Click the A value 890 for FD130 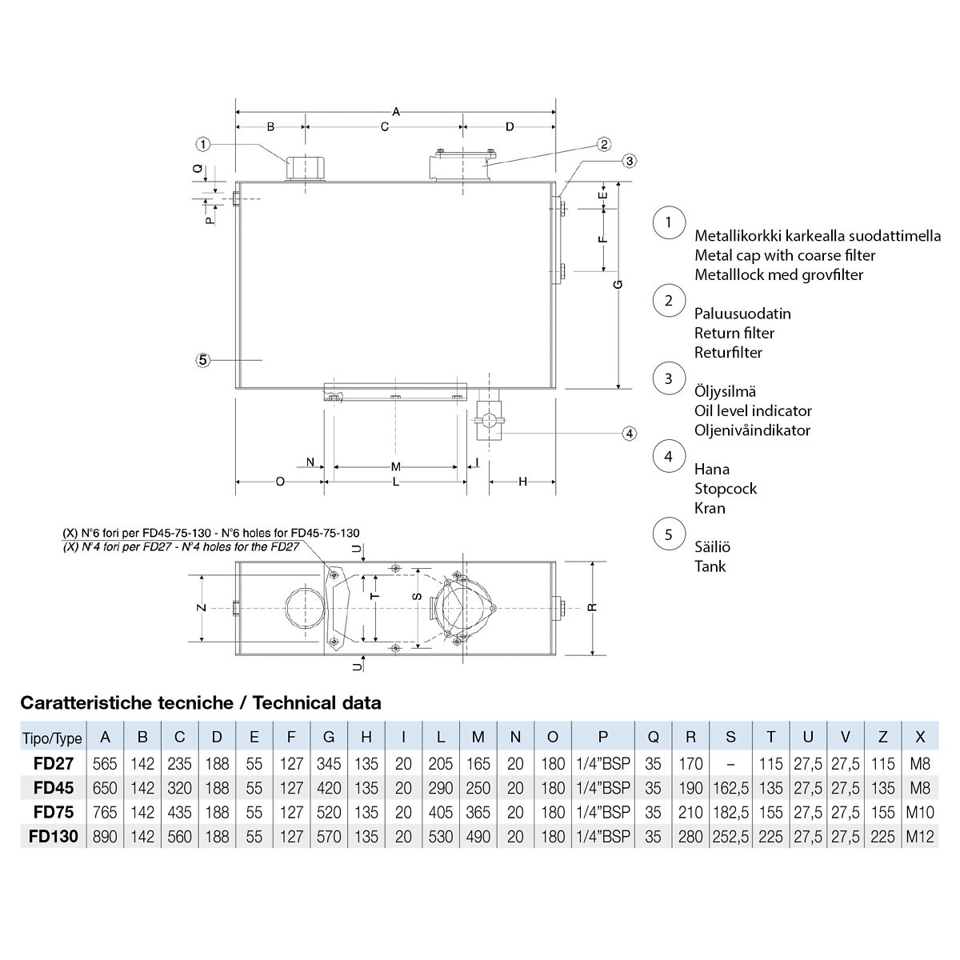pyautogui.click(x=105, y=837)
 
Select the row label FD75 pyautogui.click(x=54, y=812)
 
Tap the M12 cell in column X pyautogui.click(x=920, y=837)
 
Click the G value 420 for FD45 pyautogui.click(x=329, y=788)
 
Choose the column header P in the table pyautogui.click(x=603, y=737)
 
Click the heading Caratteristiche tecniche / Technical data pyautogui.click(x=200, y=703)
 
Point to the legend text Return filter pyautogui.click(x=734, y=333)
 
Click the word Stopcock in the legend pyautogui.click(x=725, y=488)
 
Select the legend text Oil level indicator pyautogui.click(x=753, y=410)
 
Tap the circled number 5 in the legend pyautogui.click(x=669, y=534)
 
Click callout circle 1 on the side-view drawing pyautogui.click(x=203, y=144)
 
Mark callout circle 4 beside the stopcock pyautogui.click(x=630, y=434)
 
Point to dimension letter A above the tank pyautogui.click(x=395, y=112)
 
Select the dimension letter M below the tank pyautogui.click(x=395, y=466)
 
